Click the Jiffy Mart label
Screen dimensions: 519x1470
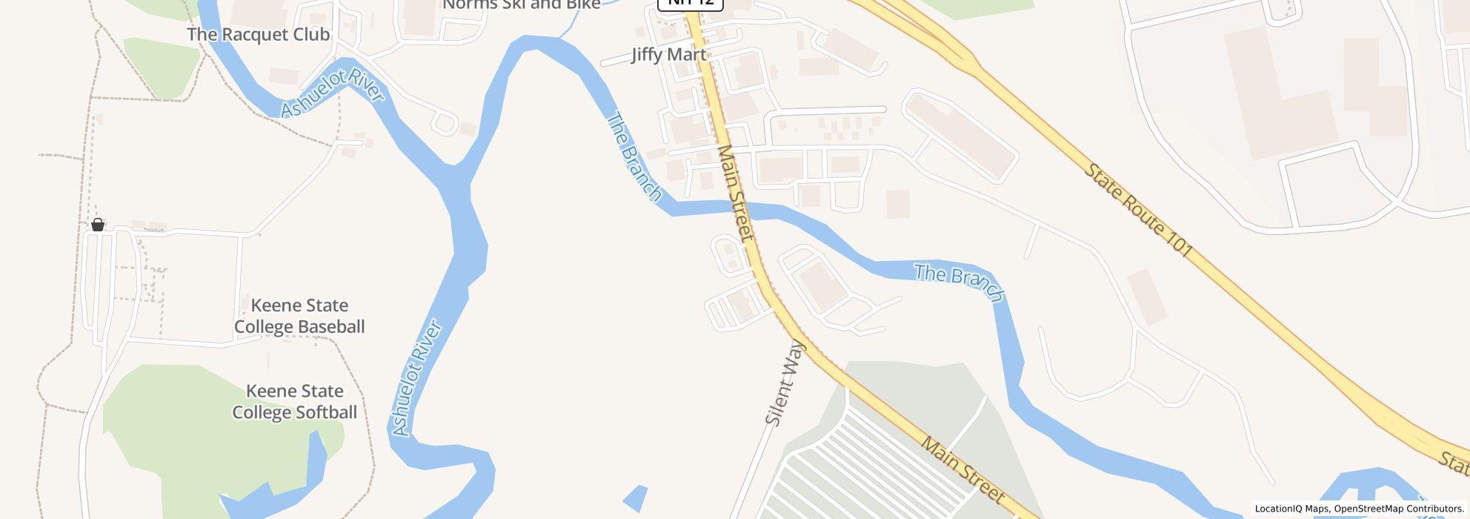point(668,55)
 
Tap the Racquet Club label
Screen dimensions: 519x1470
point(258,34)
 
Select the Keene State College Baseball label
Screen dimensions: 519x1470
point(299,316)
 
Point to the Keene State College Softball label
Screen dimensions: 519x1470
point(295,401)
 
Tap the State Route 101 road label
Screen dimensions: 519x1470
point(1138,211)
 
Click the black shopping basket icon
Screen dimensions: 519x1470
point(98,225)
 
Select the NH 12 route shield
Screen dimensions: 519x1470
point(691,3)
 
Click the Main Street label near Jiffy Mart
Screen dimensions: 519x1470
point(735,193)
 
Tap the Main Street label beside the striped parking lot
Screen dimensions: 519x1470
point(963,469)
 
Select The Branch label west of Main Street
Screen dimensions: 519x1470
point(634,156)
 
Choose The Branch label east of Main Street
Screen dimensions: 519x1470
point(959,282)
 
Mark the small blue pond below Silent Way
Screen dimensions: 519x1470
point(636,497)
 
